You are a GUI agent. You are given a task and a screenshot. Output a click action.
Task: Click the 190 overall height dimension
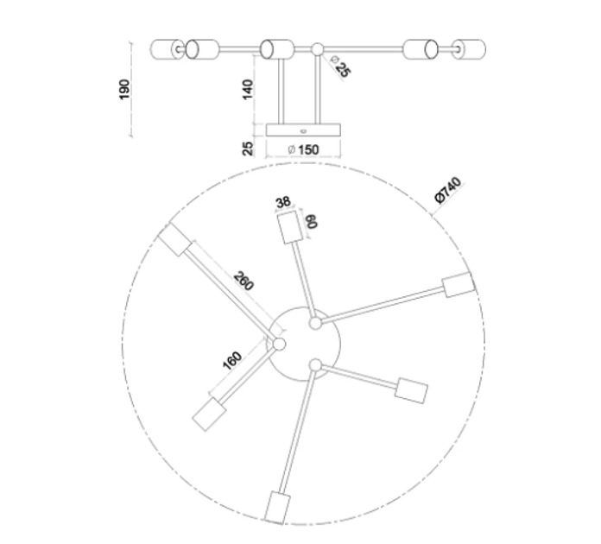tap(124, 89)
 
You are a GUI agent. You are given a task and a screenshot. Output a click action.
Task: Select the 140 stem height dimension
tap(249, 89)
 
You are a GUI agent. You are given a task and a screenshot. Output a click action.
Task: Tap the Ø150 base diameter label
tap(303, 149)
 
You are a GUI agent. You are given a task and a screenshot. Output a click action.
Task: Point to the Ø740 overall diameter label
tap(448, 190)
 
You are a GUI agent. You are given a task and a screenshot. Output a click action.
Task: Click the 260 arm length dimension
tap(244, 281)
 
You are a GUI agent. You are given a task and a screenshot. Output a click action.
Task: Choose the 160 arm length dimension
tap(232, 361)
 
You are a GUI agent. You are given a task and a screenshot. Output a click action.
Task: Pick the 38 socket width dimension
tap(283, 202)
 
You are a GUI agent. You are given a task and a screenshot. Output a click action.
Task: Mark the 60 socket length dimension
tap(311, 221)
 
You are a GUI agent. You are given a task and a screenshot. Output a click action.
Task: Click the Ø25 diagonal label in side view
tap(339, 66)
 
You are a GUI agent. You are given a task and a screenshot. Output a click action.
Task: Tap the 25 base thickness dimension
tap(249, 149)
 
